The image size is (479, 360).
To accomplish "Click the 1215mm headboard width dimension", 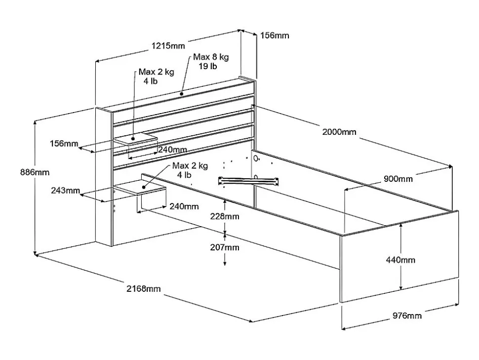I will (169, 46).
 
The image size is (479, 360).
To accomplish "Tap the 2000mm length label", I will (339, 132).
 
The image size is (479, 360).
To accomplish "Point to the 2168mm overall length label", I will (144, 289).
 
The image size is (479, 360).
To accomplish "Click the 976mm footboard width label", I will (407, 316).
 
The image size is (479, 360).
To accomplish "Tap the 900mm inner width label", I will (398, 179).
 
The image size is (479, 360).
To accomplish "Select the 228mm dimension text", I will (224, 216).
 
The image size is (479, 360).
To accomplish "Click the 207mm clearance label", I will (224, 247).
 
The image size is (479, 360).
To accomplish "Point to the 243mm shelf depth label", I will (65, 190).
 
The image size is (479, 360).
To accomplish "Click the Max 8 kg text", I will (211, 57).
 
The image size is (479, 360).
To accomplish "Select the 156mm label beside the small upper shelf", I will (64, 144).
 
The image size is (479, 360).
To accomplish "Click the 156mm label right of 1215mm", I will (274, 36).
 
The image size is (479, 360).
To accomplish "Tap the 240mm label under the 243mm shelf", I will (184, 206).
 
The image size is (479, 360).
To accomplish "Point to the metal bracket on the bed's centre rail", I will (249, 179).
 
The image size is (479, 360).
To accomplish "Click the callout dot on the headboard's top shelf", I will (182, 93).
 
